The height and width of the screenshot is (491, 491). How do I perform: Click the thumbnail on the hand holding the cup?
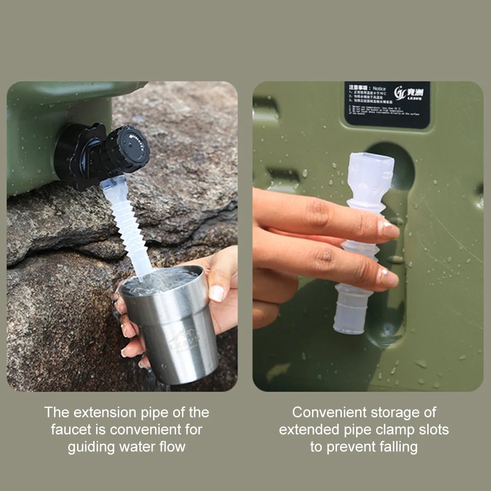click(216, 293)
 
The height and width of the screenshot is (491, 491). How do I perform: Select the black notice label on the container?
click(387, 104)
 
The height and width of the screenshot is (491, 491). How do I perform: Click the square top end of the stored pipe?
click(371, 167)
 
